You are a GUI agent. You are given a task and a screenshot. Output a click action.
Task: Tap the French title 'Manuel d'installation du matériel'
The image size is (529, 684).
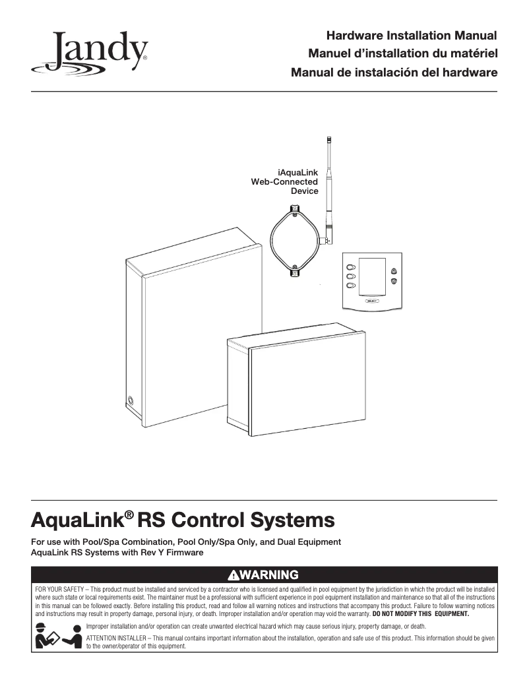pos(402,53)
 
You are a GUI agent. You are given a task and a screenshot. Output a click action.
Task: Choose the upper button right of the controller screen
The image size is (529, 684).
pos(394,270)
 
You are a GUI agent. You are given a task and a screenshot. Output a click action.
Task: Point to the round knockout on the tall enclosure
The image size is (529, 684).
pos(131,400)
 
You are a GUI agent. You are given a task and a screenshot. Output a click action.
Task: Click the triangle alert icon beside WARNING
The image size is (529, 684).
pos(233,575)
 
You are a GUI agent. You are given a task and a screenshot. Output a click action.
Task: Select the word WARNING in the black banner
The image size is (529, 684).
pos(268,575)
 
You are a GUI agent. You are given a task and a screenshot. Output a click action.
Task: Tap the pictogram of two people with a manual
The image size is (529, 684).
pos(58,635)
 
